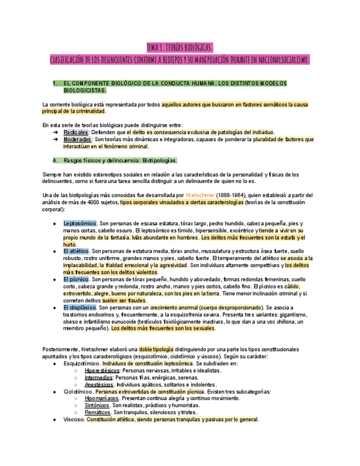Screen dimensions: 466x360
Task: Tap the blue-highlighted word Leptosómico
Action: pyautogui.click(x=80, y=224)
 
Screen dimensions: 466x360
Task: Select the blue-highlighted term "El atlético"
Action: pyautogui.click(x=76, y=251)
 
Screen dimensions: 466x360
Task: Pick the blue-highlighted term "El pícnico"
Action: pyautogui.click(x=76, y=279)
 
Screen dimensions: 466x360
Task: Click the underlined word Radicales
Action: pyautogui.click(x=75, y=132)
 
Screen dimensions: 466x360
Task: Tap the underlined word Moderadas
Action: pyautogui.click(x=77, y=140)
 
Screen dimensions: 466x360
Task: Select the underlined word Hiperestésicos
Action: pyautogui.click(x=102, y=370)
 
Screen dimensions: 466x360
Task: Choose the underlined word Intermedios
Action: pyautogui.click(x=98, y=378)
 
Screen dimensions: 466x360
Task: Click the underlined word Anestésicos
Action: pyautogui.click(x=99, y=385)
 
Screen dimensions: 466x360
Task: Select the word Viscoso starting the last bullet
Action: pyautogui.click(x=74, y=419)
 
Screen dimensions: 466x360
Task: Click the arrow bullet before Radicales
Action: pyautogui.click(x=56, y=132)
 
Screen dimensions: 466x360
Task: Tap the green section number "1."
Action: pyautogui.click(x=55, y=84)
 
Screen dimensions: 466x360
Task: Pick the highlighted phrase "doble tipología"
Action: pyautogui.click(x=156, y=349)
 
